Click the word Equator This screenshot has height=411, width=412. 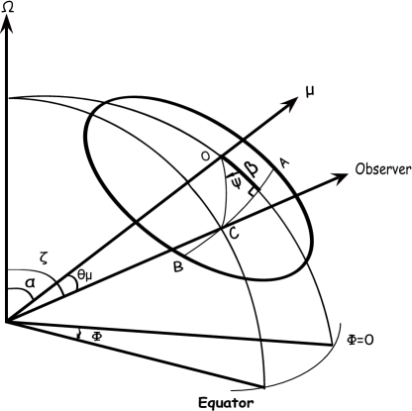[x=226, y=402]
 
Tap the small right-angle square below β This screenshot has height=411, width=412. [x=255, y=190]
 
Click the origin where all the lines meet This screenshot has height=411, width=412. [x=8, y=321]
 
